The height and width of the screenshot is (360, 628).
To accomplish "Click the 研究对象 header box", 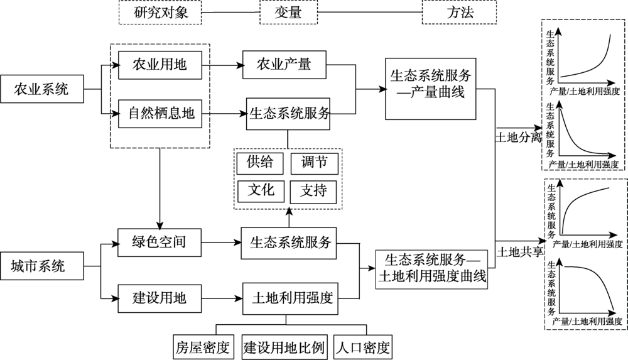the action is tap(160, 13).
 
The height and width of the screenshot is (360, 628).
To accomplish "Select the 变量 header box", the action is tap(288, 13).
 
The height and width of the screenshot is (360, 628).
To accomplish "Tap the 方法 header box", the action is tap(460, 13).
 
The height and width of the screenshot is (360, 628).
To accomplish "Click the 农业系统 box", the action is tap(42, 89).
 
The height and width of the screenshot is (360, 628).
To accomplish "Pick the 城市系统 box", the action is tap(42, 266).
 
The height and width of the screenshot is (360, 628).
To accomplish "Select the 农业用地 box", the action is tap(160, 65).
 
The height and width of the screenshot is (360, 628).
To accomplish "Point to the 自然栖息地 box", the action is tap(160, 114).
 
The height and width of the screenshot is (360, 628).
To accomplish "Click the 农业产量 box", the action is tap(284, 65).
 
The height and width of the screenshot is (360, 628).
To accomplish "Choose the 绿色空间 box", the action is tap(160, 243).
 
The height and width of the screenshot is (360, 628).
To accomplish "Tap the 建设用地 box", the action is tap(160, 298).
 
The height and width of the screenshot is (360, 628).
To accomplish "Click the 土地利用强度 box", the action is tap(290, 298).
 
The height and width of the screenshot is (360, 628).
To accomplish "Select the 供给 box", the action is tap(260, 163).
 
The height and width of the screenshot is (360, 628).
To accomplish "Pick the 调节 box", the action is tap(315, 163).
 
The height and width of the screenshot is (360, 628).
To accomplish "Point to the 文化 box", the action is tap(261, 191).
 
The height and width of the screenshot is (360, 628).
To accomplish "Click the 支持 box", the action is tap(313, 192).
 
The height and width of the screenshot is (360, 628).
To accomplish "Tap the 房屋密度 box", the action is tap(203, 347).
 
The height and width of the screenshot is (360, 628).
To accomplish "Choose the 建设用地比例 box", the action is tap(284, 347).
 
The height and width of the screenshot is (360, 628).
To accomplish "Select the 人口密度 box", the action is tap(363, 347).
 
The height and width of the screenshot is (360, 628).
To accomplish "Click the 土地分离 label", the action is tap(519, 138).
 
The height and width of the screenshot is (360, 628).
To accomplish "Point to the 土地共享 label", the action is tap(520, 252).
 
